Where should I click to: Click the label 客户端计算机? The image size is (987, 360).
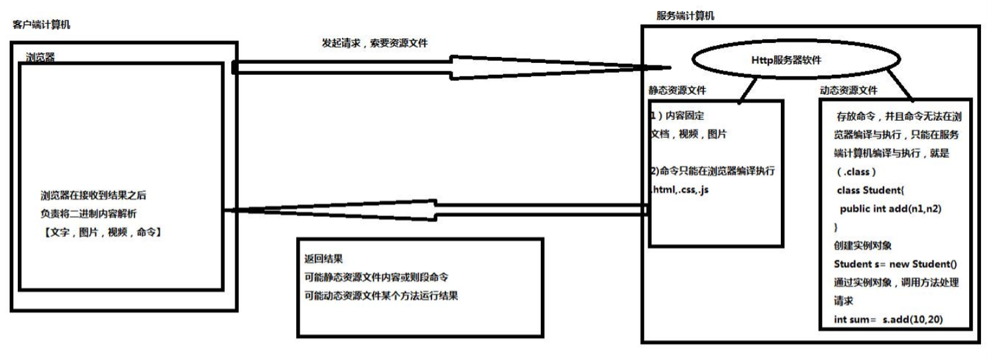[x=41, y=25]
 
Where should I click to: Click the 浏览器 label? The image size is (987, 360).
[x=40, y=57]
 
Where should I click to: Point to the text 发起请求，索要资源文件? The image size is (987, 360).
[x=375, y=43]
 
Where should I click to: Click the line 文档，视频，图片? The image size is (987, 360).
[x=688, y=134]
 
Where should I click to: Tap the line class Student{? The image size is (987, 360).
[x=862, y=190]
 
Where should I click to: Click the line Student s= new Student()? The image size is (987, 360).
[x=896, y=264]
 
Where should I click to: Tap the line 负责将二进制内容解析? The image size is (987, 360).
[x=93, y=214]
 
